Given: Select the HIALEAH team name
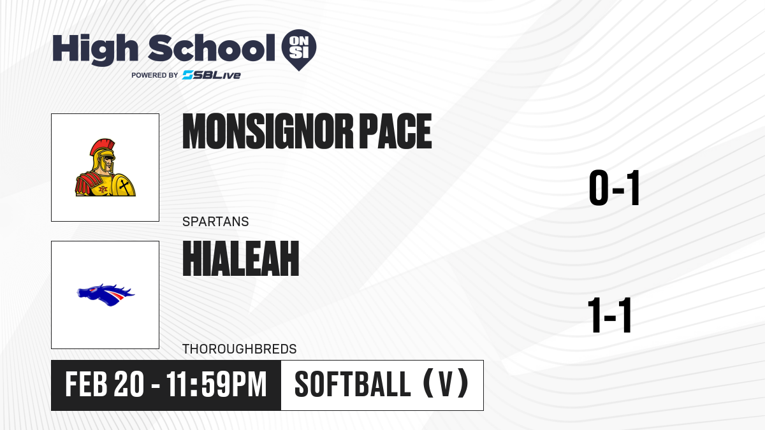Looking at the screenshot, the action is pos(241,259).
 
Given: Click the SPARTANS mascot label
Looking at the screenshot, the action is pos(215,222).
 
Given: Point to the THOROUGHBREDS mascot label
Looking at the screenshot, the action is pos(240,349).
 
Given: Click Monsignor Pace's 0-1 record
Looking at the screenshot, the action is pos(614,188).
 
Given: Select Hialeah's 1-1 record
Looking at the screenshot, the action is pos(609,315).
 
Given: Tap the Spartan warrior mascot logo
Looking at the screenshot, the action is pos(105,168).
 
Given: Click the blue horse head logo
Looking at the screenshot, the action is pos(106,295).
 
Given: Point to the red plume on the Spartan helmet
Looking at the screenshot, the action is pos(100,147).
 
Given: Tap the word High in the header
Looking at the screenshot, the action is pos(95,49).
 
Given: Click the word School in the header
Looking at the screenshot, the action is pos(212,48).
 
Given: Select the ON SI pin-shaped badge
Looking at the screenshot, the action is pos(299,50).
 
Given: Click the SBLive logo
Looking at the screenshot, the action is pos(212,75).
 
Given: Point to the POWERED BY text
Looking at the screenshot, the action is pos(155,75).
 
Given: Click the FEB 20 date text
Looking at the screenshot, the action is pos(105,385).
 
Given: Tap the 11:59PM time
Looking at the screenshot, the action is pos(217,385).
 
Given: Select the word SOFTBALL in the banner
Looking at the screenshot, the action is pos(353,385).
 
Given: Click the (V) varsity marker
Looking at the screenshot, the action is pos(446,384).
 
